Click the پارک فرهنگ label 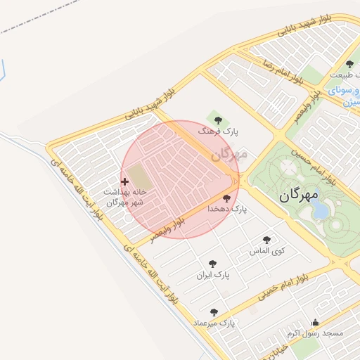click(218, 131)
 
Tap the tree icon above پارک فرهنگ click(217, 119)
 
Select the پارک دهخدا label click(227, 210)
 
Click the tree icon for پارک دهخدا click(226, 198)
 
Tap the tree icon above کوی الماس click(266, 240)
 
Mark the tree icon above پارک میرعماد click(214, 311)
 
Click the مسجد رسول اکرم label click(314, 333)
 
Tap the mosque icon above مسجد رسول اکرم click(314, 323)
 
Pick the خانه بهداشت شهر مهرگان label click(125, 197)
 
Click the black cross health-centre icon click(125, 182)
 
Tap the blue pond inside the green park click(321, 210)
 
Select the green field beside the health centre click(139, 176)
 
